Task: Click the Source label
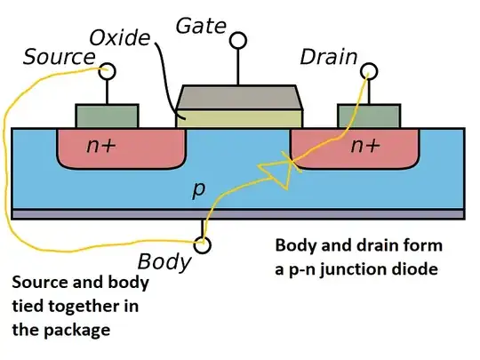(x=59, y=58)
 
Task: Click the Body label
(x=164, y=261)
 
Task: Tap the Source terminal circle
(x=108, y=70)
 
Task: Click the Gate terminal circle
(x=237, y=40)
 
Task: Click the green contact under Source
(x=107, y=116)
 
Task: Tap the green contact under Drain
(x=368, y=116)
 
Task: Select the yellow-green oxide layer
(x=239, y=116)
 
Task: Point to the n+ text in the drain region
(x=366, y=146)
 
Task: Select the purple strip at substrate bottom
(x=238, y=214)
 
